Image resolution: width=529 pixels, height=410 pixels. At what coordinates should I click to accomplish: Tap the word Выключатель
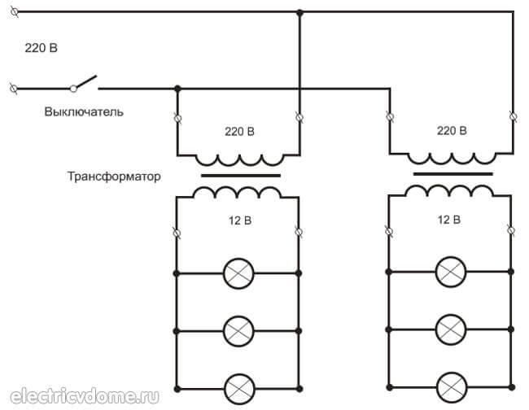(x=84, y=111)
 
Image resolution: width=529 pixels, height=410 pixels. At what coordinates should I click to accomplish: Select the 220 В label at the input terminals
(x=41, y=48)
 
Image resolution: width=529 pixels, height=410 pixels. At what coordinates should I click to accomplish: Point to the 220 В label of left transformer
(x=239, y=130)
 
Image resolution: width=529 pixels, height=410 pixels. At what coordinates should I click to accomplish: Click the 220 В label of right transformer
(x=452, y=130)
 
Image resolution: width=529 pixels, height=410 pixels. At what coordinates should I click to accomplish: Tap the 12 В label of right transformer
(x=449, y=220)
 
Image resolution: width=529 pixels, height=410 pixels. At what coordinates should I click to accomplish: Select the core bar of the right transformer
(x=452, y=173)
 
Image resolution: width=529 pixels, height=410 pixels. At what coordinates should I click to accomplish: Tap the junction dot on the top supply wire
(x=300, y=13)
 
